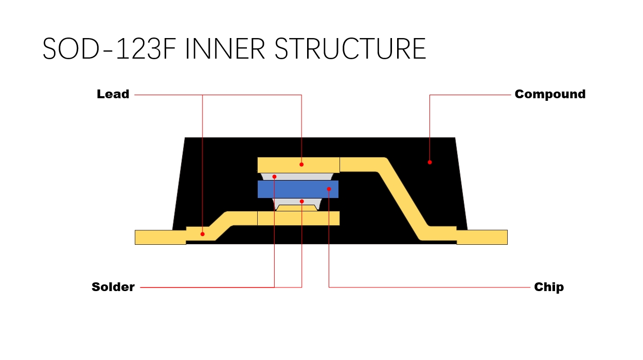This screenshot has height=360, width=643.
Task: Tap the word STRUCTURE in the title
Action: [x=350, y=48]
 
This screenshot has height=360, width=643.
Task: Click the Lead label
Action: [x=113, y=95]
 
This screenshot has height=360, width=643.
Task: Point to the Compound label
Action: [x=550, y=95]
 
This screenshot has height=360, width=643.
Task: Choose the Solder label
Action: [x=113, y=287]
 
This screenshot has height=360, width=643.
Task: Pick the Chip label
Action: [x=549, y=287]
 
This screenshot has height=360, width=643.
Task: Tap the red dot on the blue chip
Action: [x=329, y=189]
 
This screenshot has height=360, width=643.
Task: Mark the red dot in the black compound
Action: [x=430, y=162]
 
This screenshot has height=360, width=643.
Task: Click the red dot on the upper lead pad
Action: [x=301, y=165]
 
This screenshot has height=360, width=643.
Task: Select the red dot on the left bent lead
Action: [x=202, y=234]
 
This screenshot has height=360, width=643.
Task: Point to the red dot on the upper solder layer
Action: [x=274, y=176]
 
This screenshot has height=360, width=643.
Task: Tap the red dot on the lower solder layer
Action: [x=301, y=201]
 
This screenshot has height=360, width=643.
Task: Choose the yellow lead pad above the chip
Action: [x=319, y=165]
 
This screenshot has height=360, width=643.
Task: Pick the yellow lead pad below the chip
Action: [x=319, y=218]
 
